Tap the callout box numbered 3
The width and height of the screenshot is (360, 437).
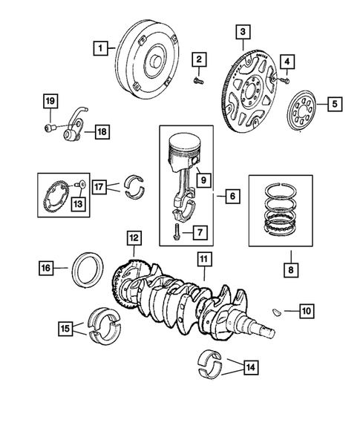[243, 32]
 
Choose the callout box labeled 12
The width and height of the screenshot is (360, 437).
[134, 238]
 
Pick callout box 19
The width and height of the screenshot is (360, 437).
[50, 102]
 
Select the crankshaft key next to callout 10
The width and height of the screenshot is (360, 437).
[275, 312]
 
